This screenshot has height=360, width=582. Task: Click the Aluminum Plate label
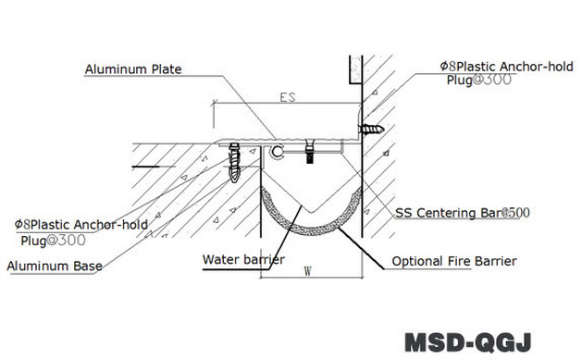click(x=132, y=69)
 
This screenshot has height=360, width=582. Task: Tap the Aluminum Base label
click(x=55, y=267)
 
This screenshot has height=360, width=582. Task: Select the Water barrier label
click(x=243, y=258)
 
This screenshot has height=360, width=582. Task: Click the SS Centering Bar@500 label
click(x=463, y=213)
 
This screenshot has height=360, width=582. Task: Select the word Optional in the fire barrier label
click(x=416, y=262)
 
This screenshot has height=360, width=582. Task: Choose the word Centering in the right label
click(x=446, y=213)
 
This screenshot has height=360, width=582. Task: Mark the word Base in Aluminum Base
click(x=88, y=267)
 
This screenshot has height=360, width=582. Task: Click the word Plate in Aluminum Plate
click(x=163, y=69)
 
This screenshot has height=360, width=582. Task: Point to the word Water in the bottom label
click(x=221, y=258)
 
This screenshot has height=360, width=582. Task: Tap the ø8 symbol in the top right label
click(x=445, y=66)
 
